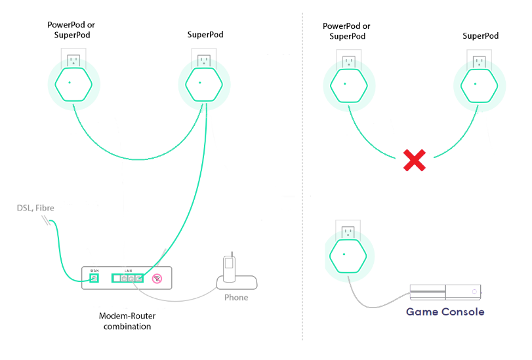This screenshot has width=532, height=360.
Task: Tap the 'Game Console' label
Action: click(x=445, y=312)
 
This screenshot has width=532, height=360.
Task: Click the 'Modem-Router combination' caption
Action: click(x=136, y=321)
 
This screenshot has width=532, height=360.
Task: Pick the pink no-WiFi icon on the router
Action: click(x=157, y=278)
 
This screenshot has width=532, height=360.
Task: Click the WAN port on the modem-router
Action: click(x=93, y=277)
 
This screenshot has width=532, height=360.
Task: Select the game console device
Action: click(x=447, y=292)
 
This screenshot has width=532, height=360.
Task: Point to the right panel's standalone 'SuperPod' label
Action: click(x=482, y=35)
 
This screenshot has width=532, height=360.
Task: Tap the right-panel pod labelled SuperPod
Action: click(x=480, y=86)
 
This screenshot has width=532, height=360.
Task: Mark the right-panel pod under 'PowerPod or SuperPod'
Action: click(x=349, y=86)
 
